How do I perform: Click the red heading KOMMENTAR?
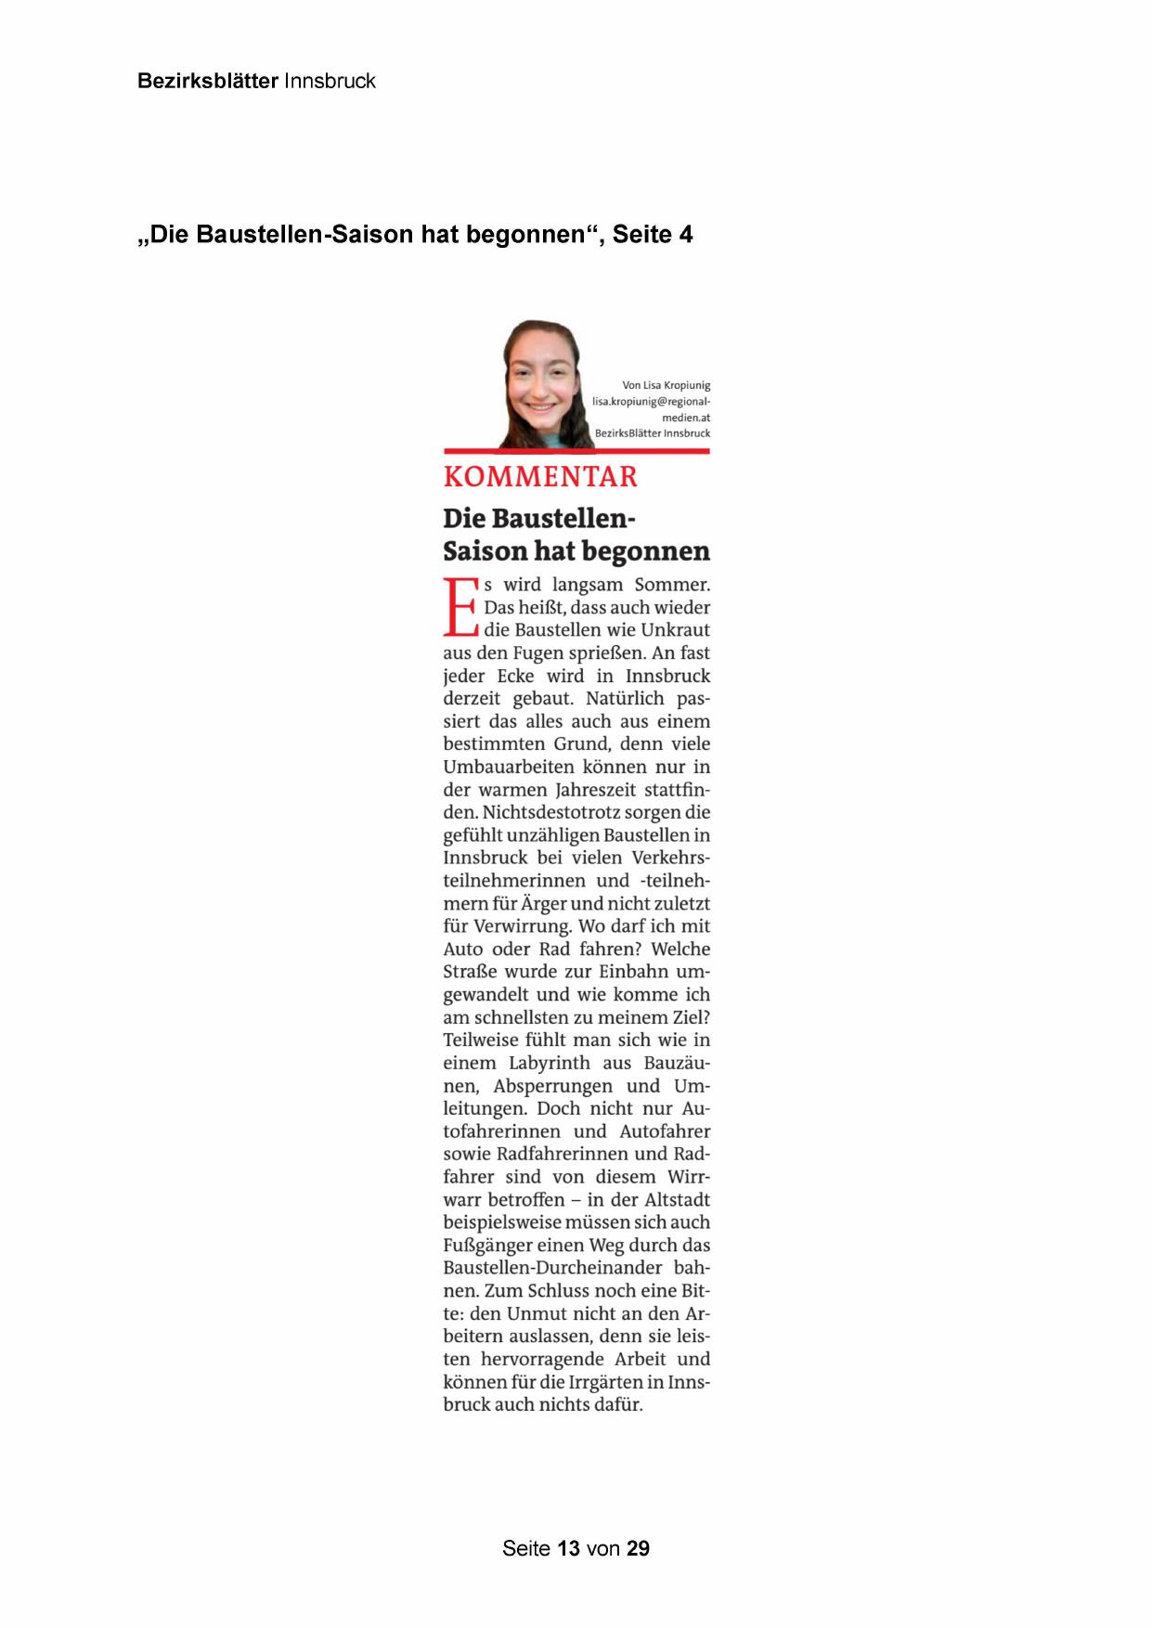point(540,477)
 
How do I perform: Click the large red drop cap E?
point(460,608)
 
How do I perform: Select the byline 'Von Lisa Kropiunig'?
point(666,385)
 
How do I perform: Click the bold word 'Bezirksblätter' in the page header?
point(208,81)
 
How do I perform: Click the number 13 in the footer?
point(568,1548)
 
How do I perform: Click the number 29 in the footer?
point(638,1548)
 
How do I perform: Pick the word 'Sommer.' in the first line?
point(672,585)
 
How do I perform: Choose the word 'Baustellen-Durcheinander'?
point(552,1268)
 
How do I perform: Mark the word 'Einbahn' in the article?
point(632,972)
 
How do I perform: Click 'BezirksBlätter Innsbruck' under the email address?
point(653,433)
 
